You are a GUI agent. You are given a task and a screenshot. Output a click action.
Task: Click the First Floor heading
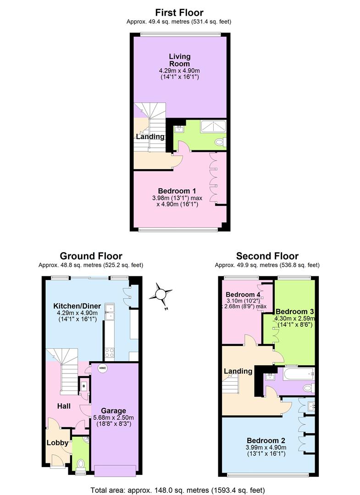[179, 12]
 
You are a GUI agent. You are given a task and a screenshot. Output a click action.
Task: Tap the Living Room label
[179, 60]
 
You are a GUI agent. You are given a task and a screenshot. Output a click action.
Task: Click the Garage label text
[113, 411]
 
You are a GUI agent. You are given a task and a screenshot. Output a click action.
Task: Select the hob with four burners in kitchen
[110, 352]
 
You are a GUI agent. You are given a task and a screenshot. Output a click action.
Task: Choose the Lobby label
[57, 443]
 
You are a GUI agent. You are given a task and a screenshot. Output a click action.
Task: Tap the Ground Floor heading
[91, 256]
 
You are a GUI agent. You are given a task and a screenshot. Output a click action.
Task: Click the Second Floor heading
[267, 256]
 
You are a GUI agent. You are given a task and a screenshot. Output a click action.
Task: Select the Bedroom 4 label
[242, 294]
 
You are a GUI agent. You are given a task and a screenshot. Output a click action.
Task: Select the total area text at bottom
[178, 490]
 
